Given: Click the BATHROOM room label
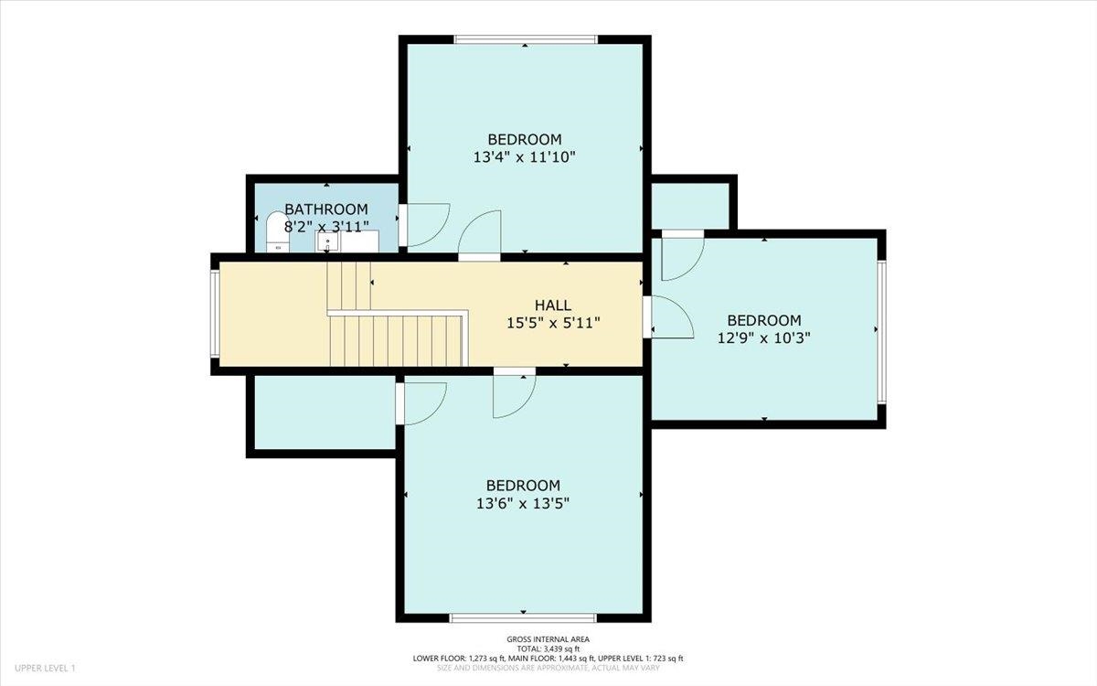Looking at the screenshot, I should click(325, 209).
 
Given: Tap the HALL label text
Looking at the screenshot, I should click(553, 305).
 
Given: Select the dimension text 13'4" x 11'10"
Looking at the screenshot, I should click(524, 156).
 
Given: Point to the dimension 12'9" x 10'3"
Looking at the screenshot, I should click(764, 337).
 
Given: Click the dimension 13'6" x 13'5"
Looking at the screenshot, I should click(523, 502).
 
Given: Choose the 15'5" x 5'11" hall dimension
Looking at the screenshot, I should click(553, 322).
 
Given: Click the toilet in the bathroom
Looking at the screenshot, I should click(276, 232).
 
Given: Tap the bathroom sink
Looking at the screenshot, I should click(327, 242).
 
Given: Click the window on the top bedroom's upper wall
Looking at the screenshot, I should click(526, 39).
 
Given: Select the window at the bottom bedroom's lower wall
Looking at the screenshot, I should click(524, 618).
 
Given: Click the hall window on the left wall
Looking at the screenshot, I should click(215, 314).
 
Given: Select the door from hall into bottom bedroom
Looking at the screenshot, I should click(514, 393).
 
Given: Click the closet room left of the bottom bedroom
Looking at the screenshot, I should click(324, 413).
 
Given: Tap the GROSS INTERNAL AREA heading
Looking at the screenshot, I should click(548, 639).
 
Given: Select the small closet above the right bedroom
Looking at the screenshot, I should click(689, 204).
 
